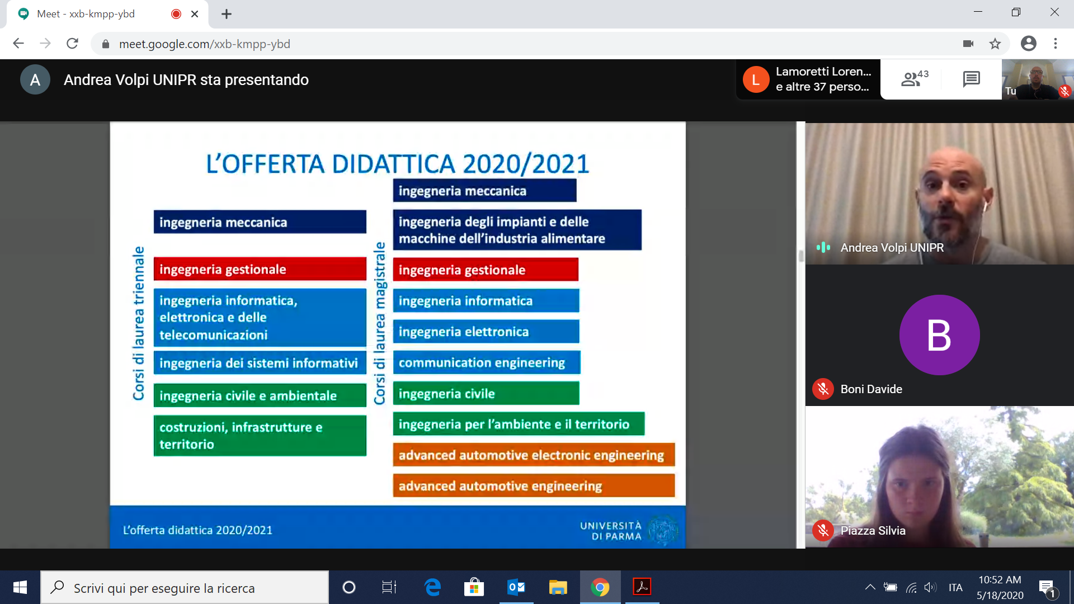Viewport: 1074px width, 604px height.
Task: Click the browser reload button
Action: [72, 44]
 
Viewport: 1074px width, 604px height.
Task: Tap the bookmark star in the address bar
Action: [995, 44]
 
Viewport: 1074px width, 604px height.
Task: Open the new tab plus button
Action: [227, 14]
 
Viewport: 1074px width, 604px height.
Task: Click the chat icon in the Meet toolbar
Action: [972, 79]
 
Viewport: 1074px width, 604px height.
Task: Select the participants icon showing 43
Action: [915, 78]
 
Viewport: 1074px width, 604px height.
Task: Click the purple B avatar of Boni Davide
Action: [939, 335]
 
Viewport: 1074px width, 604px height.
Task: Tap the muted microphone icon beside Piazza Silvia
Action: [823, 530]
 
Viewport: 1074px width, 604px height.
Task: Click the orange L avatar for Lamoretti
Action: [756, 79]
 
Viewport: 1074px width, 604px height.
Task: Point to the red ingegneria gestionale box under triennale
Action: [260, 269]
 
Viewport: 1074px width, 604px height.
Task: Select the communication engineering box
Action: [487, 362]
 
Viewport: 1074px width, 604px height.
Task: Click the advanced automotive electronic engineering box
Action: [534, 455]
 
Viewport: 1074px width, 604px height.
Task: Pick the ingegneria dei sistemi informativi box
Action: [260, 363]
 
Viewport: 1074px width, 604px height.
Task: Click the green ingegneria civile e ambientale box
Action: [260, 395]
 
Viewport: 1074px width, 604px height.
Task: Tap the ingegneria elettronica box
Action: [486, 332]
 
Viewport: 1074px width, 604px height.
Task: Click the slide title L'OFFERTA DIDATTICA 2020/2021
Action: [398, 164]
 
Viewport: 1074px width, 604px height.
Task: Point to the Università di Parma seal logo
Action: [662, 530]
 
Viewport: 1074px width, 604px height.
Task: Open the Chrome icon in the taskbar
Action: [600, 587]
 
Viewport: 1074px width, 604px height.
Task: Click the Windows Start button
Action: [20, 587]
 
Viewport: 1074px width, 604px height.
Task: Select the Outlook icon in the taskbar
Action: [516, 587]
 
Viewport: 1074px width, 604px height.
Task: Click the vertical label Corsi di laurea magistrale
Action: [380, 323]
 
